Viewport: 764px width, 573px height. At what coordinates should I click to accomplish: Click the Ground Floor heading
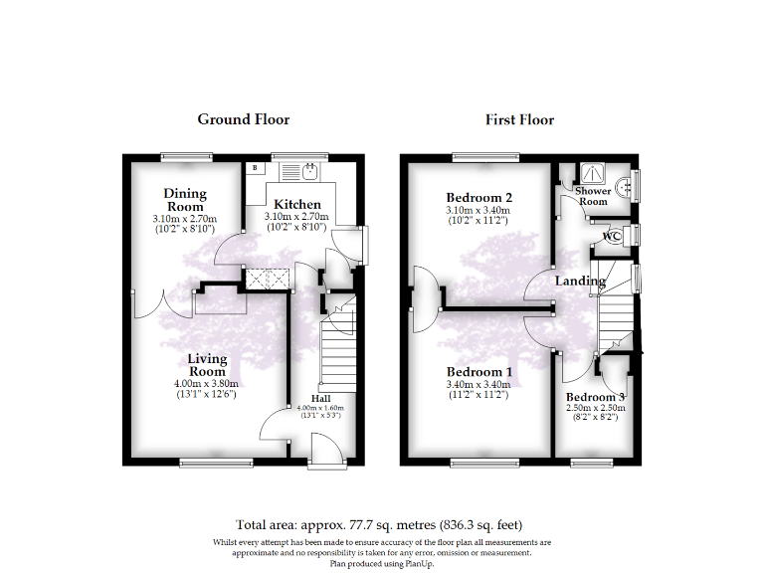coord(243,119)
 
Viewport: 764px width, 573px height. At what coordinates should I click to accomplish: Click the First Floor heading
coord(519,119)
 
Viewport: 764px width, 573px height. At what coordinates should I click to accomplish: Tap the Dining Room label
coord(185,200)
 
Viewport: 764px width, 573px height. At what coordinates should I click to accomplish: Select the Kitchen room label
coord(297,204)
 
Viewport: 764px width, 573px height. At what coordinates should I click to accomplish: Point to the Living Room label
coord(208,365)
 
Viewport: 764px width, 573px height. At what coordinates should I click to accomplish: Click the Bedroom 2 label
coord(478,196)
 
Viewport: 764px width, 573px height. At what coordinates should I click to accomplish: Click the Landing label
coord(580,281)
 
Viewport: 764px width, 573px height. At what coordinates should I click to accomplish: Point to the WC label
coord(612,236)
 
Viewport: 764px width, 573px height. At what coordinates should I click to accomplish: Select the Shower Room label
coord(593,196)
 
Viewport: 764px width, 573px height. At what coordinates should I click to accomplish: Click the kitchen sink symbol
coord(310,173)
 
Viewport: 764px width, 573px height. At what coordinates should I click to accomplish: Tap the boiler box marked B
coord(255,168)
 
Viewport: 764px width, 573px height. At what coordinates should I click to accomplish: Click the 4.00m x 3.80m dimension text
coord(208,384)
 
